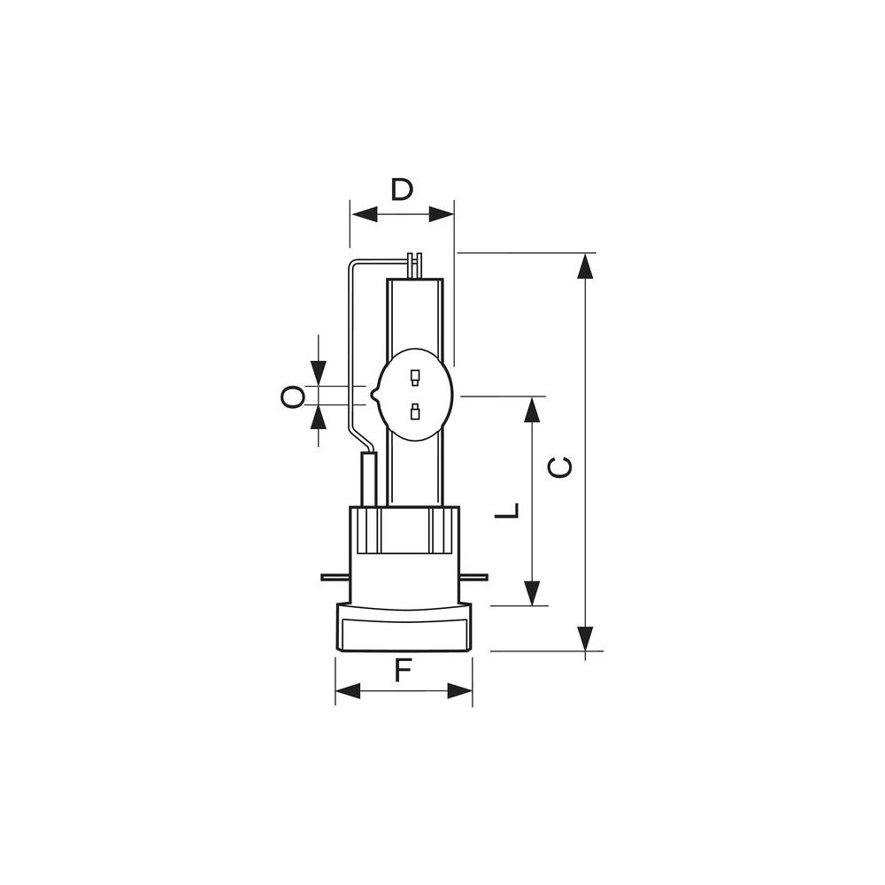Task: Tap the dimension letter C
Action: (560, 467)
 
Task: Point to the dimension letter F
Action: (402, 671)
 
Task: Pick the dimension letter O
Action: (292, 396)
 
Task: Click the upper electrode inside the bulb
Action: (415, 377)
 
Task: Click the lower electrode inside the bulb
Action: (415, 412)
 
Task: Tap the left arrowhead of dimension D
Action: (364, 214)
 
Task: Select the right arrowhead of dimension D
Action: (441, 214)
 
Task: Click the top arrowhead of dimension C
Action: (586, 265)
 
